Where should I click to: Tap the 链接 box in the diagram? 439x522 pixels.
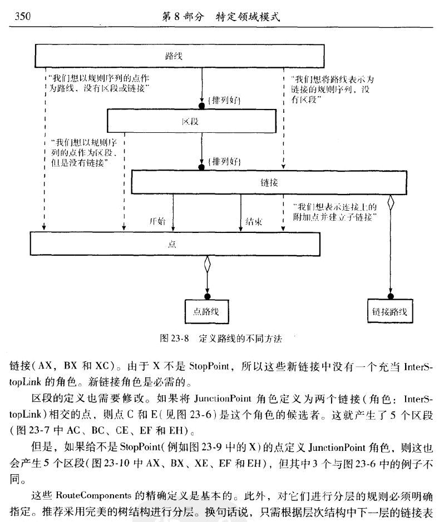click(269, 182)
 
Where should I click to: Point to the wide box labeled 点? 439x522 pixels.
click(175, 243)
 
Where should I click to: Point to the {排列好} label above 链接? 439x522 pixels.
click(223, 161)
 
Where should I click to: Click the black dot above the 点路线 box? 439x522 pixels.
click(207, 295)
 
